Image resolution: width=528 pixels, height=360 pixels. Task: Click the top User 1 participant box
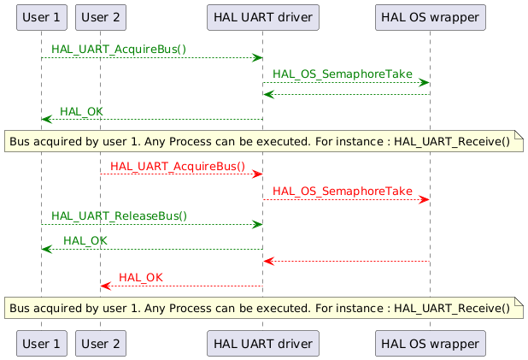41,17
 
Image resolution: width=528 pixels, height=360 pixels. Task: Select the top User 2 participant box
100,17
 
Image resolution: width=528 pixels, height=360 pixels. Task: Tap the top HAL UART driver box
262,17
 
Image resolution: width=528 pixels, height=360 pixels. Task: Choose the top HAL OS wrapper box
430,17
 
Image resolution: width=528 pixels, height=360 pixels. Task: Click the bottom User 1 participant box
41,343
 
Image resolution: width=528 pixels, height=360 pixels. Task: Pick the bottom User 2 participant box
100,343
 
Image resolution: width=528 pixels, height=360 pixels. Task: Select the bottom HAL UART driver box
262,343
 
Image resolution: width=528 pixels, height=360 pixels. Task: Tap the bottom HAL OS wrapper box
430,343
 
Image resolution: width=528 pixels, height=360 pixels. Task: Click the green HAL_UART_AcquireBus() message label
119,50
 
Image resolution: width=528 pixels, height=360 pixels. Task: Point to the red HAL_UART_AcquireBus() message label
178,166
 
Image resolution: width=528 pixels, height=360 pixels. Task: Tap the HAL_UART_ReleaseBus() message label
119,216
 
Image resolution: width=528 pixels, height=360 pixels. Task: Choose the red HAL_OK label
140,278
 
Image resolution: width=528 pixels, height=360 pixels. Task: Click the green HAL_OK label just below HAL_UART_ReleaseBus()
85,240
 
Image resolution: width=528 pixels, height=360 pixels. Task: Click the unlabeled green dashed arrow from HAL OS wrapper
346,94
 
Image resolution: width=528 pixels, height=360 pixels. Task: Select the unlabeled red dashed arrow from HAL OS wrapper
346,261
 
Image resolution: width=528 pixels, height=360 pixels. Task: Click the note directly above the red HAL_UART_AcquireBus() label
264,141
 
